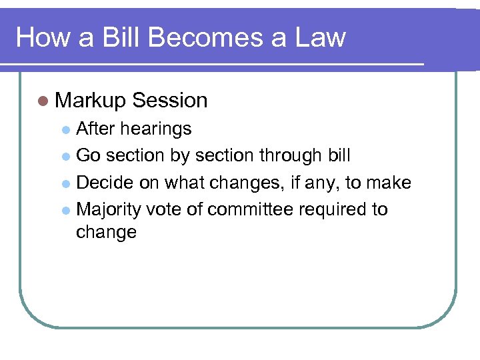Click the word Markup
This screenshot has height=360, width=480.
pos(91,101)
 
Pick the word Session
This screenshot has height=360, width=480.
pos(170,101)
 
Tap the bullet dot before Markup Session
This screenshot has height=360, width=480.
pos(43,101)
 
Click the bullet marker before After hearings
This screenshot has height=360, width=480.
pos(65,129)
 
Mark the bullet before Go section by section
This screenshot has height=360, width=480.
pos(65,157)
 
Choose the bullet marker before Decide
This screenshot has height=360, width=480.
pos(65,183)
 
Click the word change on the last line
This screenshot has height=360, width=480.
pos(106,233)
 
